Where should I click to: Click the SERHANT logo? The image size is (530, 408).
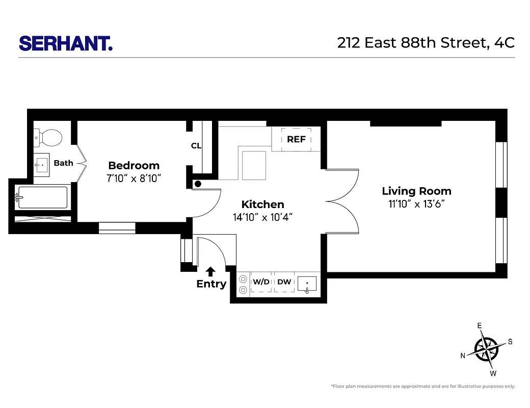66,43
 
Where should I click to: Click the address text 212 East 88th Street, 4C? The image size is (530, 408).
426,43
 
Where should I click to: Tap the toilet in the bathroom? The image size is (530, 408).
49,137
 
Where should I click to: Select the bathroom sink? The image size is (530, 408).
41,164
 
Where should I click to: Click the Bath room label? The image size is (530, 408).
64,163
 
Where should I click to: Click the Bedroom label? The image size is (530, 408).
134,165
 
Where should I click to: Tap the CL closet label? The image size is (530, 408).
196,146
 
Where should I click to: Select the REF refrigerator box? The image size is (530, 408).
296,139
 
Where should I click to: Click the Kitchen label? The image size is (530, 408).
262,205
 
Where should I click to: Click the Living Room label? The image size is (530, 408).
416,191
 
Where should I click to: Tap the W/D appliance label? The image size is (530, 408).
261,282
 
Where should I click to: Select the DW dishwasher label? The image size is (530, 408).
284,282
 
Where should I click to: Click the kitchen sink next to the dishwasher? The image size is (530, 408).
307,283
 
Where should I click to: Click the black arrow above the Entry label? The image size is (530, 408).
211,271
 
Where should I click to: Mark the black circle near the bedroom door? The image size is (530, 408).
198,184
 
